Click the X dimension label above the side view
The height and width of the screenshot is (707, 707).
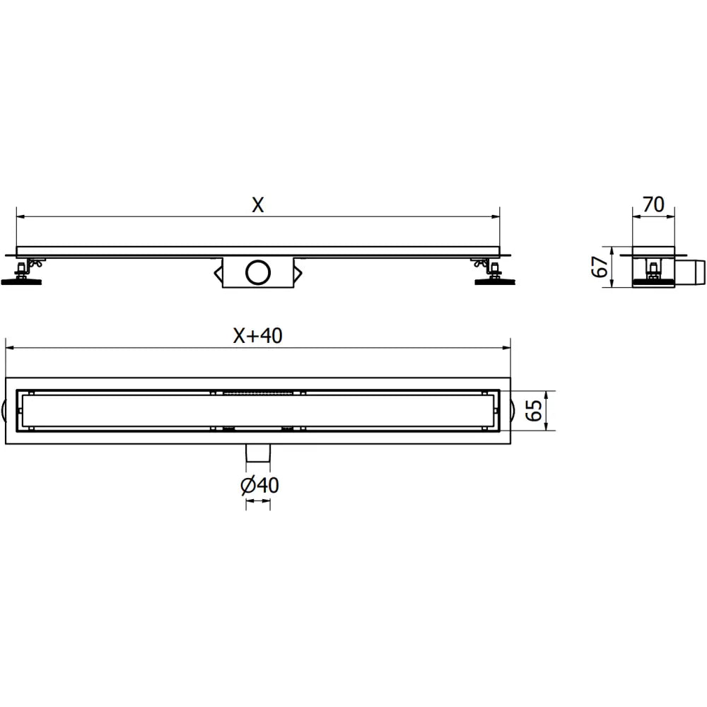[x=258, y=205]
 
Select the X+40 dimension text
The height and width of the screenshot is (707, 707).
[x=258, y=337]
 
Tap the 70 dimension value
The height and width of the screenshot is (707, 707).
[x=653, y=205]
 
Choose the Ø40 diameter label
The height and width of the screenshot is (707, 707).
[x=259, y=486]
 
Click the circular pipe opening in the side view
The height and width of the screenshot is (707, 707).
[x=257, y=271]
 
